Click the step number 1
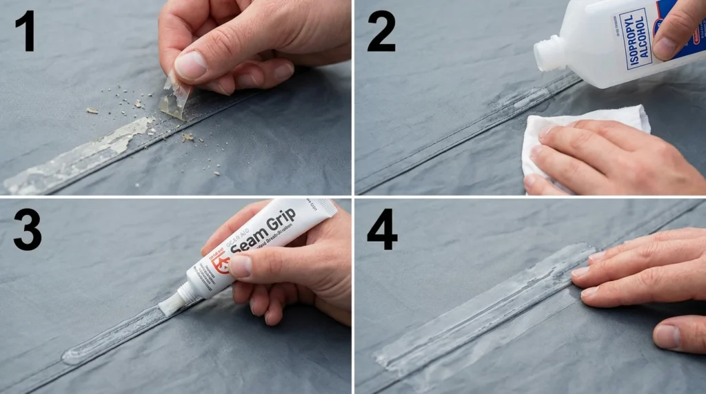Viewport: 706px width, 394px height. tap(25, 31)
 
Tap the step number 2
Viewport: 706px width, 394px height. tap(381, 31)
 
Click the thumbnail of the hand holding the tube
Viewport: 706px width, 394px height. tap(240, 266)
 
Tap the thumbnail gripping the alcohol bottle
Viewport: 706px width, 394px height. tap(666, 48)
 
